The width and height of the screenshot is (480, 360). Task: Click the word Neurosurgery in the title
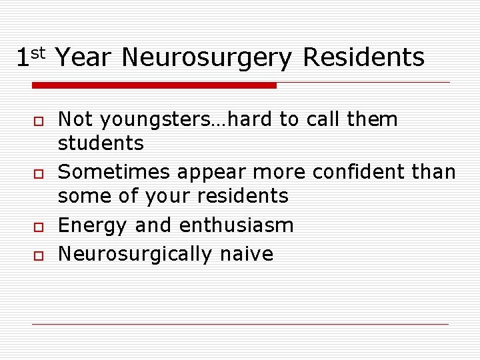pos(207,59)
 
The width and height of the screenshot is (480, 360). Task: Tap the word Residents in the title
pos(363,57)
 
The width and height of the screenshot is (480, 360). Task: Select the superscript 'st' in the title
pos(39,52)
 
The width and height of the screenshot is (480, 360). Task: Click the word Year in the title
pos(84,58)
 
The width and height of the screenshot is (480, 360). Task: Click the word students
pos(101,143)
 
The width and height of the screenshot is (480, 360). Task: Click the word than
pos(434,172)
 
